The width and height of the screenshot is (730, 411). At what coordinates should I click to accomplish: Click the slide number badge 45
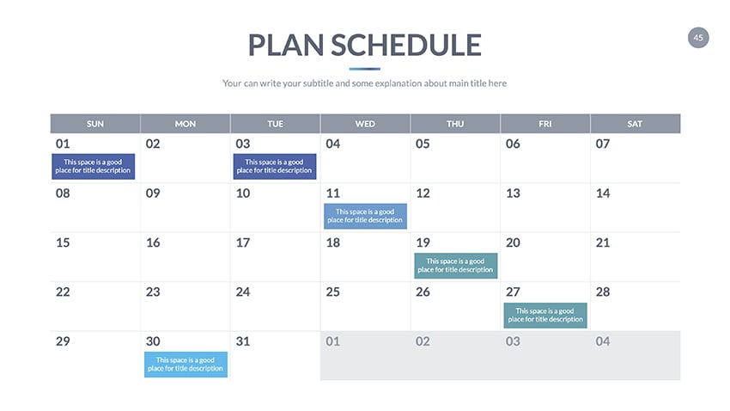point(698,38)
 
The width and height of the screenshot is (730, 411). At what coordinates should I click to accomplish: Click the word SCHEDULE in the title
point(406,46)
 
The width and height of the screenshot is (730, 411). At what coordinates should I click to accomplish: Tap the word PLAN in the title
point(285,46)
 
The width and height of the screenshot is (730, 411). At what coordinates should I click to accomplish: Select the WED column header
point(365,124)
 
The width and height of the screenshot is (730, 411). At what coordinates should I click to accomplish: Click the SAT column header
point(635,124)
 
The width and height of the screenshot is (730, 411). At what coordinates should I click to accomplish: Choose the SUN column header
point(95,124)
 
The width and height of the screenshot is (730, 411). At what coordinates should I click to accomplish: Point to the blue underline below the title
point(364,69)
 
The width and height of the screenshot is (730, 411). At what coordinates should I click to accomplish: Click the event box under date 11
point(366,216)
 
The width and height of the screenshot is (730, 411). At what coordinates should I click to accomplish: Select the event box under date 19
point(456,266)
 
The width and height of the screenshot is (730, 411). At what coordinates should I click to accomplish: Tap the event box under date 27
point(545,316)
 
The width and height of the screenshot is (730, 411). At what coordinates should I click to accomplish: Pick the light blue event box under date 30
point(186,365)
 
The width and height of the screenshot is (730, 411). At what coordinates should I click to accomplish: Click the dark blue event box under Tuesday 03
point(275,166)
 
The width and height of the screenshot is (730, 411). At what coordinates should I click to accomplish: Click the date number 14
point(603,193)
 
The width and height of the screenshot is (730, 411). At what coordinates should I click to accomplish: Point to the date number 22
point(63,292)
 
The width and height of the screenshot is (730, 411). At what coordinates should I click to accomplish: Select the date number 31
point(243,341)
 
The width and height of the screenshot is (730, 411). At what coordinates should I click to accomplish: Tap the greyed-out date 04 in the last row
point(603,341)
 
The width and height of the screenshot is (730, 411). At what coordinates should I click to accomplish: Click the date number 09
point(153,193)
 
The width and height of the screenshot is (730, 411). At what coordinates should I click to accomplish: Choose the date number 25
point(333,292)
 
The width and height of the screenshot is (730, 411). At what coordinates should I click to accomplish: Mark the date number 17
point(243,242)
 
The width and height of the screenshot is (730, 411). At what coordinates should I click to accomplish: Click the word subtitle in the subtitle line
point(318,83)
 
